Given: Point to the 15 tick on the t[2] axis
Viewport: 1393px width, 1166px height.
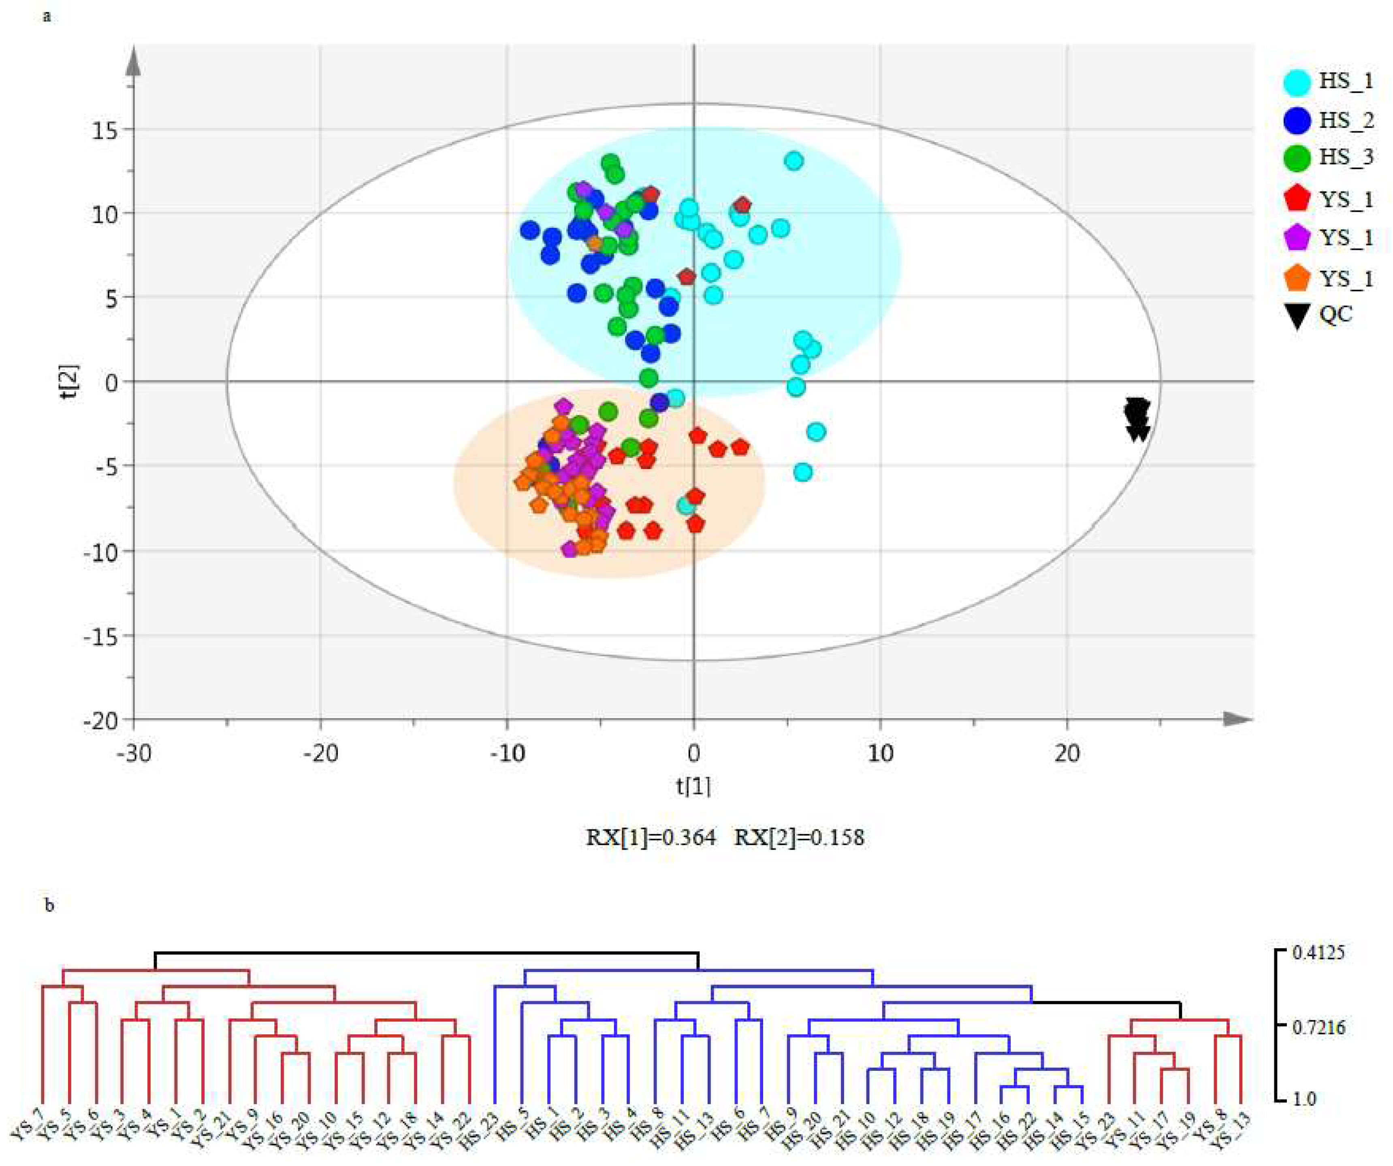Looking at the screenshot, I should click(105, 130).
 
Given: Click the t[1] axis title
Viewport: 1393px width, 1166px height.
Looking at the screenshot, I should click(693, 787).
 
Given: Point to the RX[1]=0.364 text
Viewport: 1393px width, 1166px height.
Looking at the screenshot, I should click(650, 838).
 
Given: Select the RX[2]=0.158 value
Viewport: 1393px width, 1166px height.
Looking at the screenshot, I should click(799, 838).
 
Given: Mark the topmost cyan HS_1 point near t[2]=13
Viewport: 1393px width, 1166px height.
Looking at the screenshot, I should click(794, 160).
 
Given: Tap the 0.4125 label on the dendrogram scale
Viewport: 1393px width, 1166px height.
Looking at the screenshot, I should click(1318, 953).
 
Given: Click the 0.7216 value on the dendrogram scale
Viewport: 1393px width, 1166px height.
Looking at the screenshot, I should click(1318, 1027).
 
